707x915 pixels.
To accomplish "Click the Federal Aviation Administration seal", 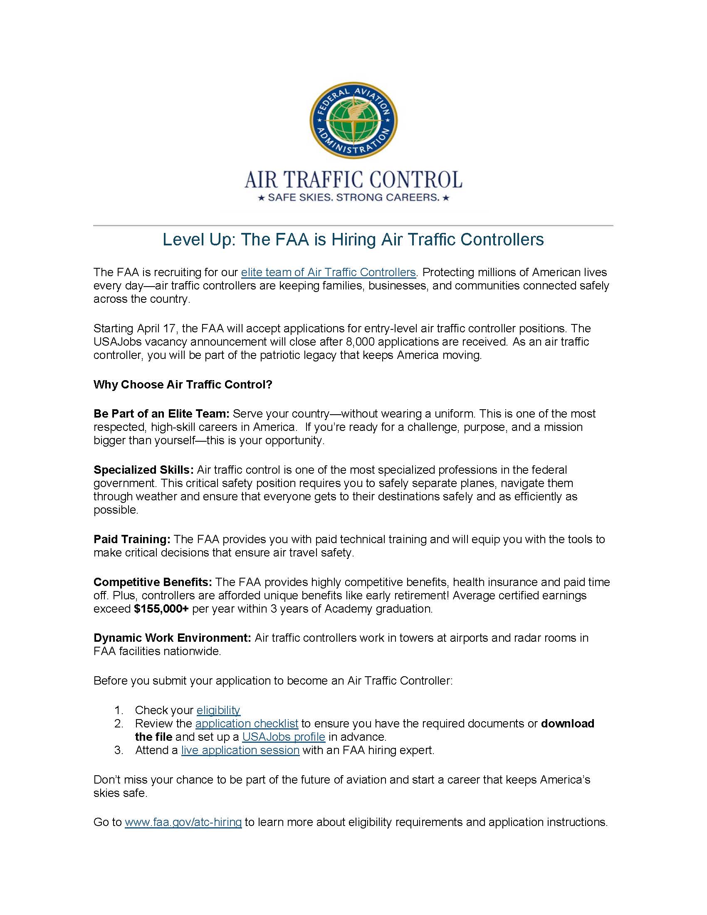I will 353,120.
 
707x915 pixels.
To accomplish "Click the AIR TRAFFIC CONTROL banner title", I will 353,180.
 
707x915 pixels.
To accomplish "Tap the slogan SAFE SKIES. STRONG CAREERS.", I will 353,197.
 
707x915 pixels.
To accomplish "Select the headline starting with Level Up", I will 353,240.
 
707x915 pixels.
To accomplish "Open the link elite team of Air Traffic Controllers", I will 328,272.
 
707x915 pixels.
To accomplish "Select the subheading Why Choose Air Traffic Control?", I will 183,385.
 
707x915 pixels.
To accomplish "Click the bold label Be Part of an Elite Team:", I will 161,414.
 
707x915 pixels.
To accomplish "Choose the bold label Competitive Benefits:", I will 153,582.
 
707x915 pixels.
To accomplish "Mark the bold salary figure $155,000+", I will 161,609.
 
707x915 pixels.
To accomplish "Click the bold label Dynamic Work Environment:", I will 172,638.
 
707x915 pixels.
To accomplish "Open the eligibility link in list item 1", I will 218,710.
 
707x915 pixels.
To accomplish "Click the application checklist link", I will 247,724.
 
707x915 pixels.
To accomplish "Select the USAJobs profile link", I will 284,737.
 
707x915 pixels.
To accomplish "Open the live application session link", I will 240,750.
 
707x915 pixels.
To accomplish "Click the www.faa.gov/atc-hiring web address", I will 183,822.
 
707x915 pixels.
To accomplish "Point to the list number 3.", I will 119,750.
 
